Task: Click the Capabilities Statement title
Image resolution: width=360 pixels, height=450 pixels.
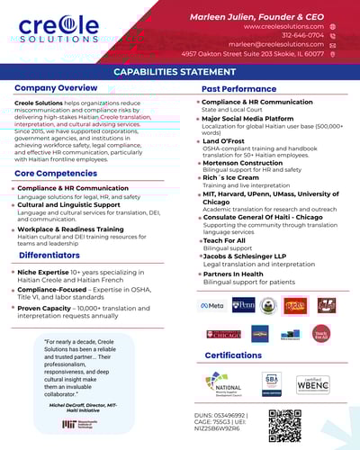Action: click(180, 71)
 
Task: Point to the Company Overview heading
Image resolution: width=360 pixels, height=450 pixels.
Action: click(56, 88)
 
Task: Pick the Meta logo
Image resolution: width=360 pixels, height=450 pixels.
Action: click(211, 305)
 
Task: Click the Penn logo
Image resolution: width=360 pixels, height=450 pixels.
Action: click(244, 305)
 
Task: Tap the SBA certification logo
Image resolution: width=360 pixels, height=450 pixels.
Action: click(272, 382)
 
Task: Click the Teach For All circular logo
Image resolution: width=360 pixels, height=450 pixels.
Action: click(320, 334)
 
